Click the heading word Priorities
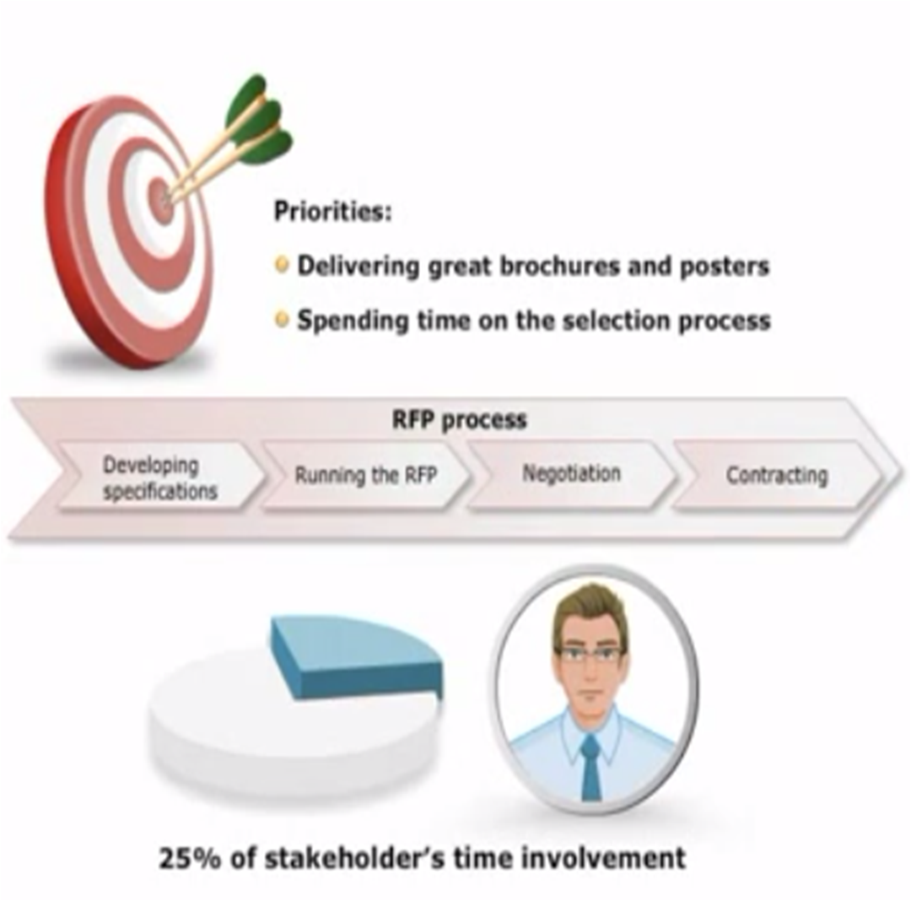tap(332, 212)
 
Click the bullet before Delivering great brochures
tap(282, 265)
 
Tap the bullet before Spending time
tap(282, 319)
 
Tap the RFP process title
tap(459, 419)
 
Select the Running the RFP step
tap(366, 476)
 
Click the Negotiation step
tap(572, 475)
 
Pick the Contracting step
tap(777, 476)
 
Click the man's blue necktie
tap(590, 767)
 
